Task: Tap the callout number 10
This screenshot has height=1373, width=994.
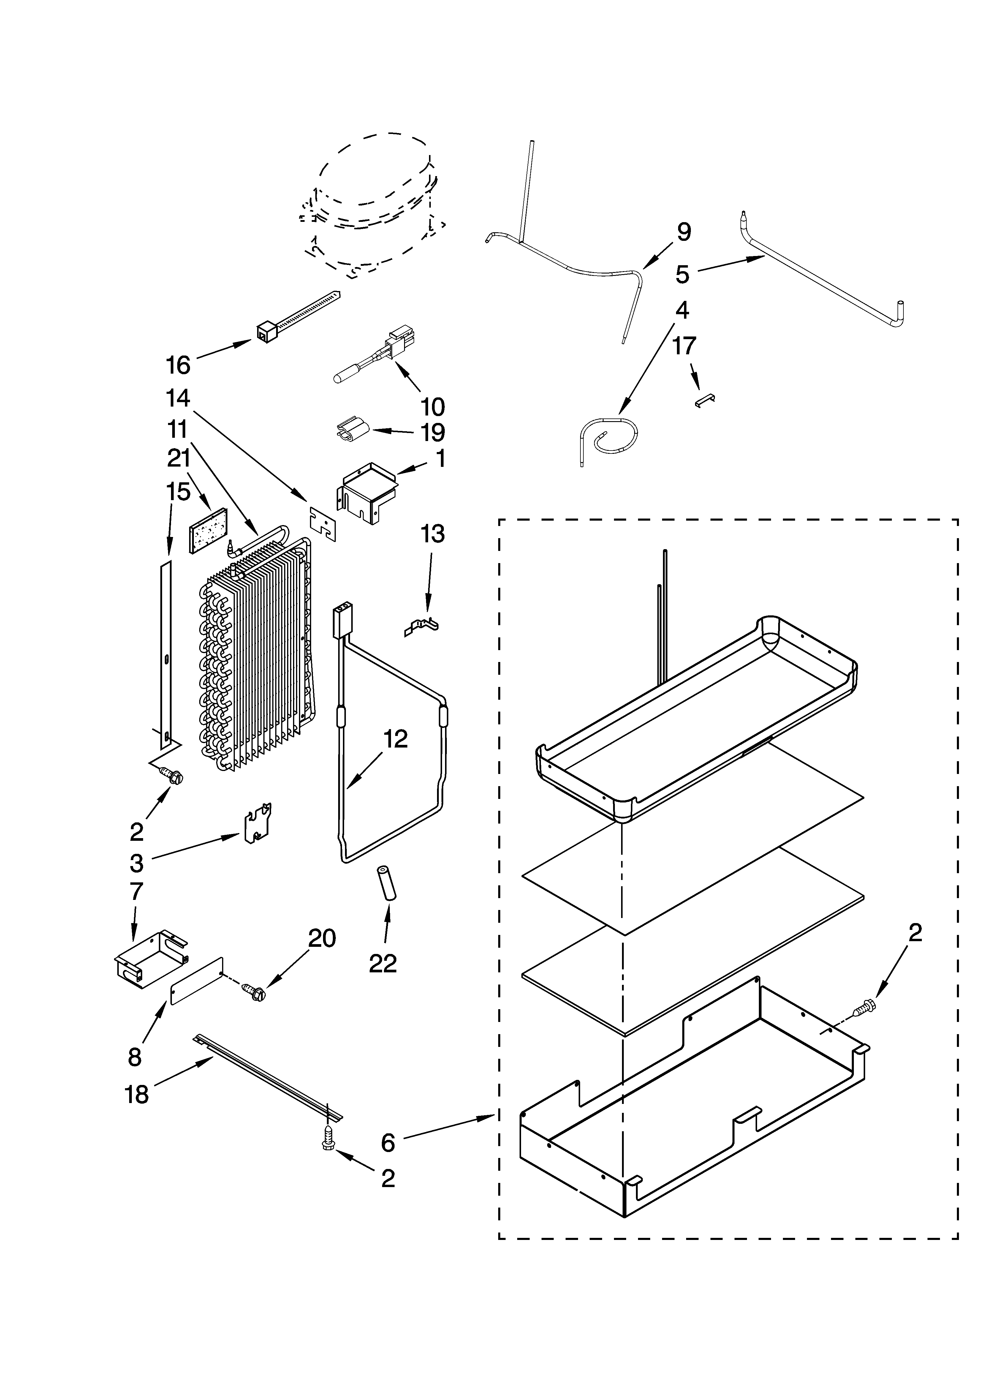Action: tap(432, 406)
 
